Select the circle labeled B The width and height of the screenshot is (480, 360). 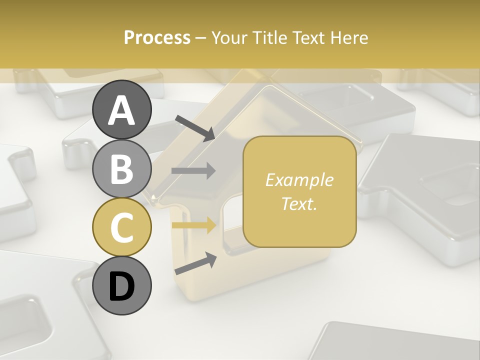(x=121, y=169)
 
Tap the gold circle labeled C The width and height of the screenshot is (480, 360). (x=121, y=227)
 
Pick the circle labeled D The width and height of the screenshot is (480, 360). (x=121, y=286)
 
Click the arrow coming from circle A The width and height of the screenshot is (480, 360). (x=195, y=127)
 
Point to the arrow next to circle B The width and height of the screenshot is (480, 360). (x=193, y=171)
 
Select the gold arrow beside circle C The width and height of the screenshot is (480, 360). (x=193, y=225)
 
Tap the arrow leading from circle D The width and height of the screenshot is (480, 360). (x=195, y=263)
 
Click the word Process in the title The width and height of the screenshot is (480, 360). (x=157, y=38)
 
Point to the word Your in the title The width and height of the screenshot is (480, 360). (x=227, y=38)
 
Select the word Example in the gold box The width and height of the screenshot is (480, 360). (x=299, y=180)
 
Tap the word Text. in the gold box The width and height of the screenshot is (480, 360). (x=299, y=203)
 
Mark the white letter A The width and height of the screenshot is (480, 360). (x=121, y=110)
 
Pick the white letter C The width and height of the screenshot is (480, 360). (x=121, y=227)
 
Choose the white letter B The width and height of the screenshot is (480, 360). (x=121, y=169)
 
